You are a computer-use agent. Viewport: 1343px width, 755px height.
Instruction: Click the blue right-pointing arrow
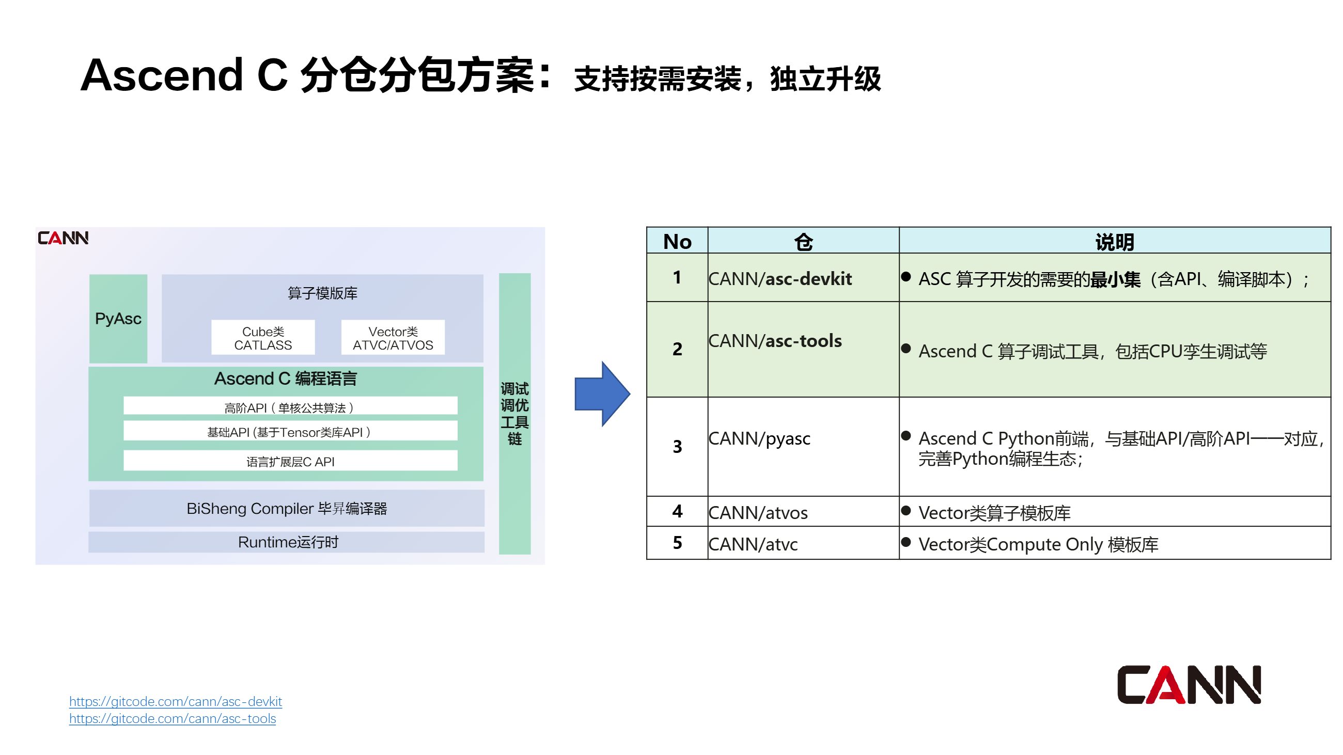[601, 394]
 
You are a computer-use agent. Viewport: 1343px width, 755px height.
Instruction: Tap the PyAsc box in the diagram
[118, 318]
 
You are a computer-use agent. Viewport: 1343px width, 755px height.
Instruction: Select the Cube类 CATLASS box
[263, 338]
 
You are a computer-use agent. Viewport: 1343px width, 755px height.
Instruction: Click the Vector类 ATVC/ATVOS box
[393, 338]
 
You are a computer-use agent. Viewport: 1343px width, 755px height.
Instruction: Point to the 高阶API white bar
[290, 407]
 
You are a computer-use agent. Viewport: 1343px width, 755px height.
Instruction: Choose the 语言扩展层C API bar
[290, 461]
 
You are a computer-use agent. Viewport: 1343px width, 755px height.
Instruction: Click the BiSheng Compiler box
[286, 508]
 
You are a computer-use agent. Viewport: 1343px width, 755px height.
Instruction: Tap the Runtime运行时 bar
[286, 542]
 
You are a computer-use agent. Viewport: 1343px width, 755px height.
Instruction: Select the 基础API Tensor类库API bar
[290, 432]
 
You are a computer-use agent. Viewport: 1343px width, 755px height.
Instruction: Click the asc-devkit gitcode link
[175, 701]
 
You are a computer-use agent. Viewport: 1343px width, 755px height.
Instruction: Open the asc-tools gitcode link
[172, 718]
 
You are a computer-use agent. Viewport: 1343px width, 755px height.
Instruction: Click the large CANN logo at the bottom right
[1188, 685]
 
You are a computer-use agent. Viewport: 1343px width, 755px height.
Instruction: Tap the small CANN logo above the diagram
[63, 238]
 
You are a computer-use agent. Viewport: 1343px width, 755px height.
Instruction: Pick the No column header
[677, 241]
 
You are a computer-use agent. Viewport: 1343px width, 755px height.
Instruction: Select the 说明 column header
[1114, 241]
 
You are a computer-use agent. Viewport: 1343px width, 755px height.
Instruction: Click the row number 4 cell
[677, 511]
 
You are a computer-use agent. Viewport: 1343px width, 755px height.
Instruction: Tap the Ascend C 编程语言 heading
[285, 379]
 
